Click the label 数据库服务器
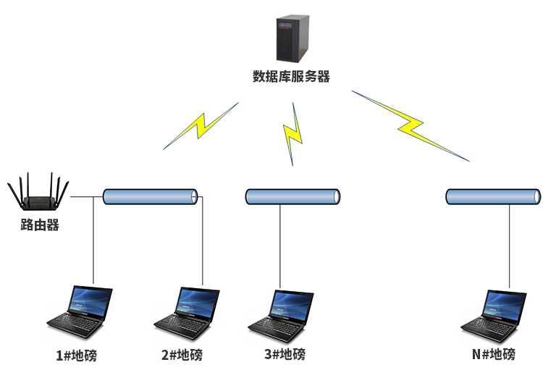pos(291,77)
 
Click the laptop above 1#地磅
pos(81,315)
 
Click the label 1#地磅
pos(77,356)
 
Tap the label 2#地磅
pos(182,356)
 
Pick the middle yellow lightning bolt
pos(292,134)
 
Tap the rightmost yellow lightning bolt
pos(411,125)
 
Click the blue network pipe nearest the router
pos(151,196)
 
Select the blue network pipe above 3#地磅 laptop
pos(292,196)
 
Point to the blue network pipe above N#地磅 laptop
pos(492,196)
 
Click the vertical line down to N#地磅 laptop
pos(509,246)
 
